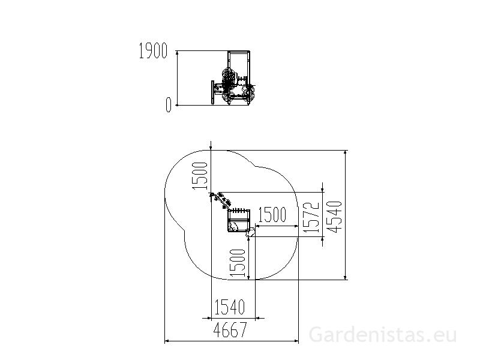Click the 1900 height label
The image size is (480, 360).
click(x=153, y=51)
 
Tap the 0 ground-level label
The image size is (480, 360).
click(x=168, y=105)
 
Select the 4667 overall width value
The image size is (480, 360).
click(x=230, y=329)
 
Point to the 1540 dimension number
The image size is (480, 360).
click(x=230, y=307)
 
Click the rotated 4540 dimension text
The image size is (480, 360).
click(x=334, y=217)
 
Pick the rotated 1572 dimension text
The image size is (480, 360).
click(x=311, y=217)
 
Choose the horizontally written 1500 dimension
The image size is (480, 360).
click(x=272, y=215)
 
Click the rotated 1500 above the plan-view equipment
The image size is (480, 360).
click(x=200, y=176)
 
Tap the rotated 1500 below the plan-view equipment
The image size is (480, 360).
click(x=238, y=263)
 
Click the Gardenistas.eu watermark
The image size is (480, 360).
click(x=383, y=335)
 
